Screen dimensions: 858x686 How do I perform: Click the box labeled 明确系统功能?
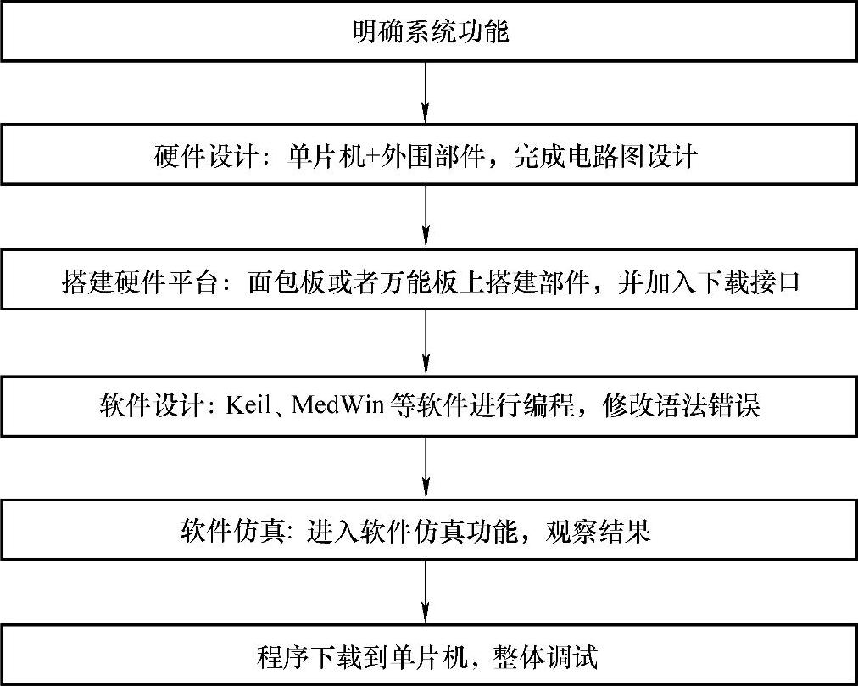[429, 33]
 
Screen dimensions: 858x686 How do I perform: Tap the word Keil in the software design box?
[247, 405]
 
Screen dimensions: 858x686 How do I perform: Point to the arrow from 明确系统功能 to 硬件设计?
[426, 93]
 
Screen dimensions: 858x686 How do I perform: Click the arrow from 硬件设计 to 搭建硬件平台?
[426, 217]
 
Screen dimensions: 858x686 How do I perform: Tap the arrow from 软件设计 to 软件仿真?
[426, 466]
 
